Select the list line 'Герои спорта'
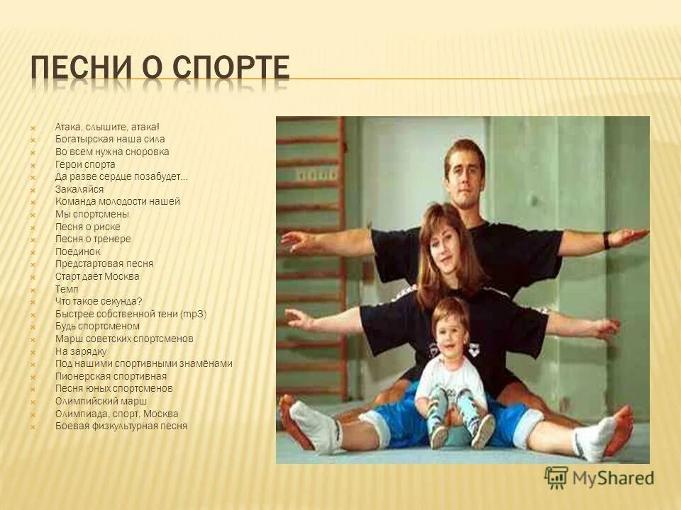85,164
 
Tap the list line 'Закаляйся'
79,189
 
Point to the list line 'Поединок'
78,251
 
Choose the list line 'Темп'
67,289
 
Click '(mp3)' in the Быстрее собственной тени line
193,314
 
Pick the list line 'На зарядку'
81,351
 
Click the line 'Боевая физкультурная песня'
121,426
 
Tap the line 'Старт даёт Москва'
97,276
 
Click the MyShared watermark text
614,478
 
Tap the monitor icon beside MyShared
557,478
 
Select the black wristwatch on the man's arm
607,240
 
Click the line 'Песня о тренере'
93,239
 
